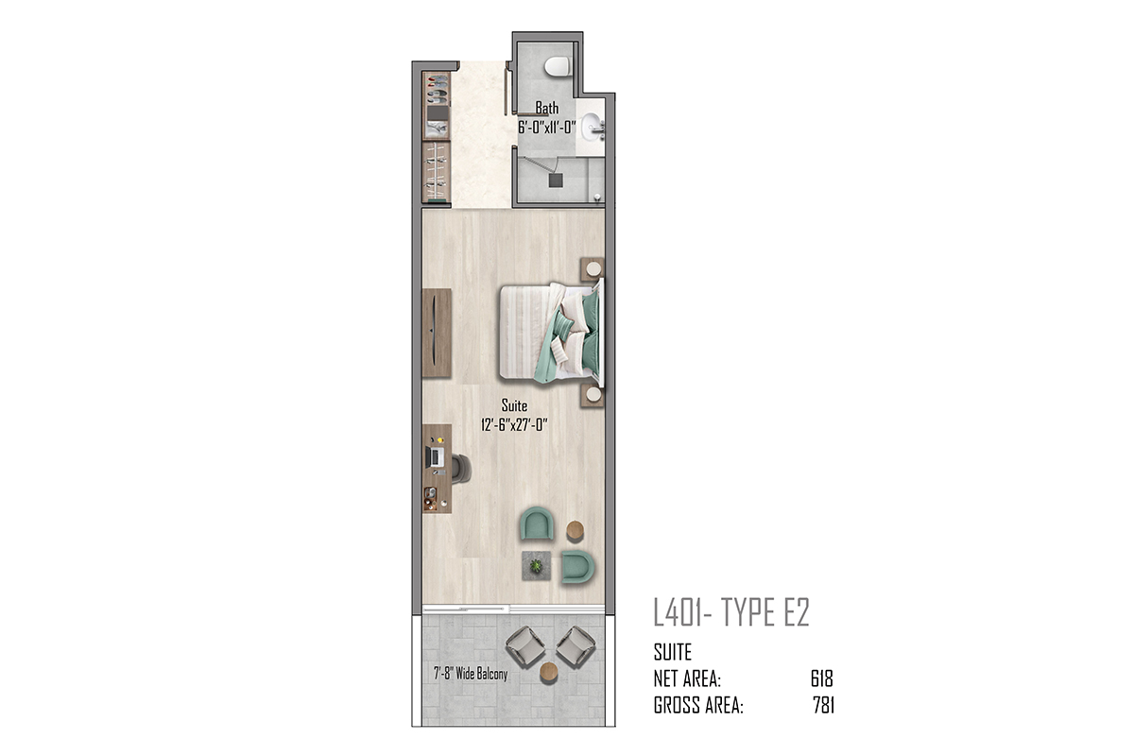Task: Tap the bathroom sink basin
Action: [x=591, y=127]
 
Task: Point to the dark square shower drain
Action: [x=556, y=180]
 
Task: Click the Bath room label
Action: [x=547, y=108]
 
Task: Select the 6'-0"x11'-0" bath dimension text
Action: [x=547, y=127]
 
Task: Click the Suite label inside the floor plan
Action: [x=514, y=405]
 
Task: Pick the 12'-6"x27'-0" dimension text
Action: [x=514, y=424]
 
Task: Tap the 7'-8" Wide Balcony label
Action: [x=471, y=674]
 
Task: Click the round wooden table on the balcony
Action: [x=549, y=672]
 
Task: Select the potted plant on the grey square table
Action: [x=536, y=566]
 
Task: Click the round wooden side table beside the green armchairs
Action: [x=576, y=530]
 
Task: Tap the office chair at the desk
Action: [x=461, y=469]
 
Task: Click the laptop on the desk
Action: [x=434, y=457]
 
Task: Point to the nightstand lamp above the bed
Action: [x=593, y=268]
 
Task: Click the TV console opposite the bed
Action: [x=437, y=334]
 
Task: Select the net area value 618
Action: [x=821, y=679]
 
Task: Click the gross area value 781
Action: [x=824, y=705]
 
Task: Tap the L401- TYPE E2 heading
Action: [x=731, y=612]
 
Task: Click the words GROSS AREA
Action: [x=698, y=705]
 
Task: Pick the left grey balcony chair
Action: [x=525, y=647]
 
